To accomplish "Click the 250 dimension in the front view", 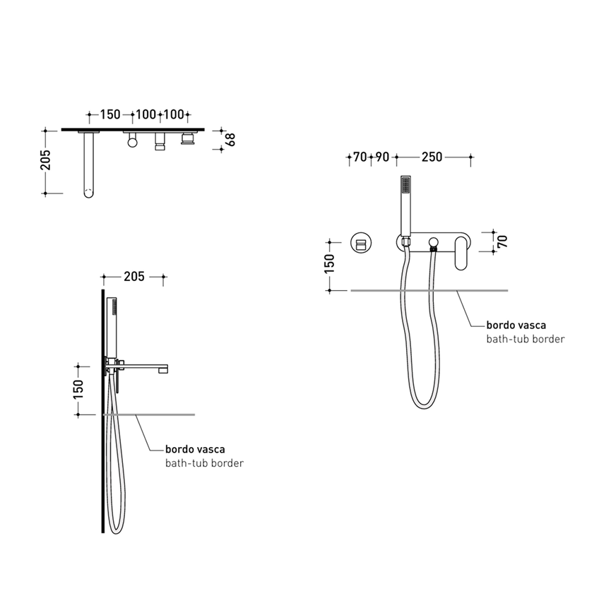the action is (432, 157).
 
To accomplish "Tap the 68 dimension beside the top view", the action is (231, 140).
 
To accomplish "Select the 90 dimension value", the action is (382, 157).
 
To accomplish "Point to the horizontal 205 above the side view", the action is (134, 276).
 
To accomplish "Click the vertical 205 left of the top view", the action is (45, 160).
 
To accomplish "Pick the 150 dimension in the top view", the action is (110, 114).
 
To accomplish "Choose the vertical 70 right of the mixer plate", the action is (502, 242).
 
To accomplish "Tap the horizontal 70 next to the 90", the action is (360, 157).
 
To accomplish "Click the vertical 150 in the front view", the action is (329, 264).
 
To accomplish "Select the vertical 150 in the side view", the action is (78, 389).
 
